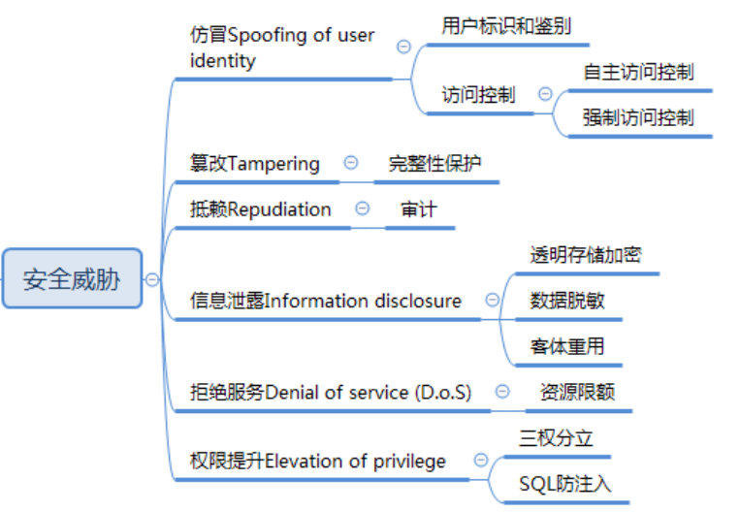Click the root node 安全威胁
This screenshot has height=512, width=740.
(x=73, y=279)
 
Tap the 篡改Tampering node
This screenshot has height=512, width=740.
(x=255, y=164)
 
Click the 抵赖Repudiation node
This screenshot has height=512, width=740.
(x=261, y=209)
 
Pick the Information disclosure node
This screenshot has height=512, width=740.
(x=326, y=301)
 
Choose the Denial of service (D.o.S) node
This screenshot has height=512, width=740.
(x=331, y=393)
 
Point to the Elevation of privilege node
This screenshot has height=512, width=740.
(x=318, y=461)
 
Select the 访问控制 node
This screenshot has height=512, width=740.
(x=479, y=95)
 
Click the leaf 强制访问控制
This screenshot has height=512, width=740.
(x=638, y=118)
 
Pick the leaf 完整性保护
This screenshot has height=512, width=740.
(x=434, y=164)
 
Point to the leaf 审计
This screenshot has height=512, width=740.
(x=418, y=209)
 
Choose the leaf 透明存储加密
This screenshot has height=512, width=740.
(x=585, y=255)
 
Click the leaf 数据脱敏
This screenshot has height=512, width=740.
(x=567, y=301)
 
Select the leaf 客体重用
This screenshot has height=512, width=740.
(x=567, y=346)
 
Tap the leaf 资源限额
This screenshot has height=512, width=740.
(x=576, y=393)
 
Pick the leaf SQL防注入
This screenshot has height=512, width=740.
(x=565, y=484)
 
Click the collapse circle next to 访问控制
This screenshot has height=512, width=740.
(x=545, y=95)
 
